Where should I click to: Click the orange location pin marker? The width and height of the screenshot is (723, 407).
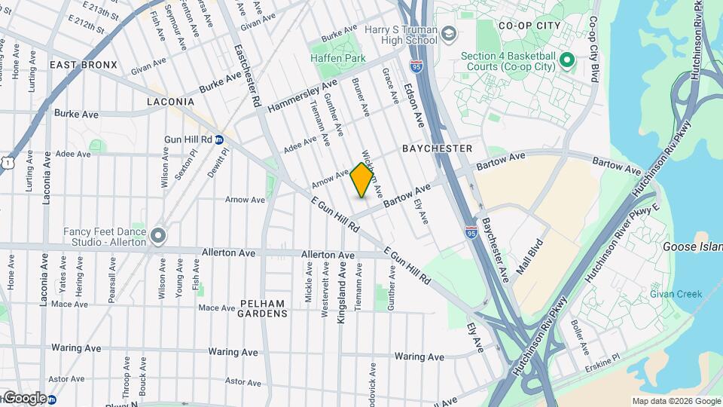pos(362,179)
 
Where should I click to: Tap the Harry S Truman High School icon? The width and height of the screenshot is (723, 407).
pos(449,34)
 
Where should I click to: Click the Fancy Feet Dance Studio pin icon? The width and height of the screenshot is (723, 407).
pos(157,236)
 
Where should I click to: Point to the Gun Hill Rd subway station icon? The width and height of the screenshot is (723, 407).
pos(218,139)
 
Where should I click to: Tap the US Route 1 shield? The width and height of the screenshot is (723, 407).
pos(6,161)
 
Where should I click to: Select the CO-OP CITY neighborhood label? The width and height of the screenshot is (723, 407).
pos(529,26)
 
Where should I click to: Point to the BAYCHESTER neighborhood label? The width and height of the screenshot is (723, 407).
pos(438,148)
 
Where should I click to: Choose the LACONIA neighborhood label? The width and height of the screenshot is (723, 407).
pos(171,101)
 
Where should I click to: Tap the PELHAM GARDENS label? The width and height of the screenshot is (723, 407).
pos(262,308)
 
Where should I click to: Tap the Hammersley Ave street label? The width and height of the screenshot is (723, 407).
pos(302,96)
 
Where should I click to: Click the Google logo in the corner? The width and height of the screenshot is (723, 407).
pos(25,398)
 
